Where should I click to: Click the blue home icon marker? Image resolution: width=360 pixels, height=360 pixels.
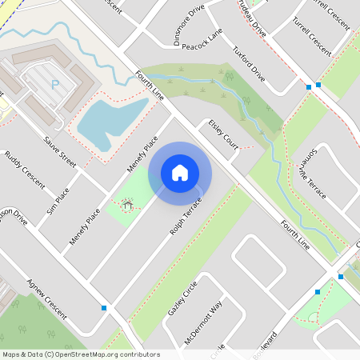point(180,172)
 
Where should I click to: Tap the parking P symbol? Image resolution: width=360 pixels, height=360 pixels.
point(55,84)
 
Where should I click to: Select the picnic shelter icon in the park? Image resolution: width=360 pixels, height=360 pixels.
point(127,206)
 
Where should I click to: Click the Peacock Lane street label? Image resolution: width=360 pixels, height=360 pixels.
point(202,40)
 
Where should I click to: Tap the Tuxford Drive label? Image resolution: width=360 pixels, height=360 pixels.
point(248,63)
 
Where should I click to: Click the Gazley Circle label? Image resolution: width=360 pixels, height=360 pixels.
point(182,302)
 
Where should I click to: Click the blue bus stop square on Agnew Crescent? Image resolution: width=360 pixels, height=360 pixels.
point(104,307)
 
